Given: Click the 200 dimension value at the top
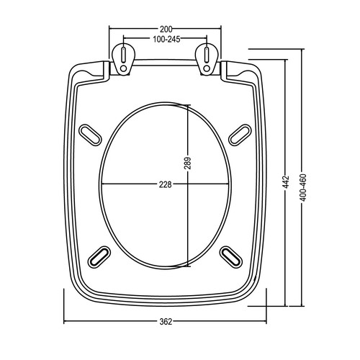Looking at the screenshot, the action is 166,29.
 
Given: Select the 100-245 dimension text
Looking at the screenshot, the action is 166,40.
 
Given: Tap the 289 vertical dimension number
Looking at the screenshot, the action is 187,163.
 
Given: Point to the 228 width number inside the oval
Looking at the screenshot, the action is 166,184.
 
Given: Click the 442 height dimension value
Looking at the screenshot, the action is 287,182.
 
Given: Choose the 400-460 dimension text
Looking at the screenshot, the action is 303,188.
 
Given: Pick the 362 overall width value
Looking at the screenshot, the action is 166,322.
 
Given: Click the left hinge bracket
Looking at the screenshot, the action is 124,59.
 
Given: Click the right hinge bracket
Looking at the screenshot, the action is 207,59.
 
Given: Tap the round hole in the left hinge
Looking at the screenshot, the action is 124,68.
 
